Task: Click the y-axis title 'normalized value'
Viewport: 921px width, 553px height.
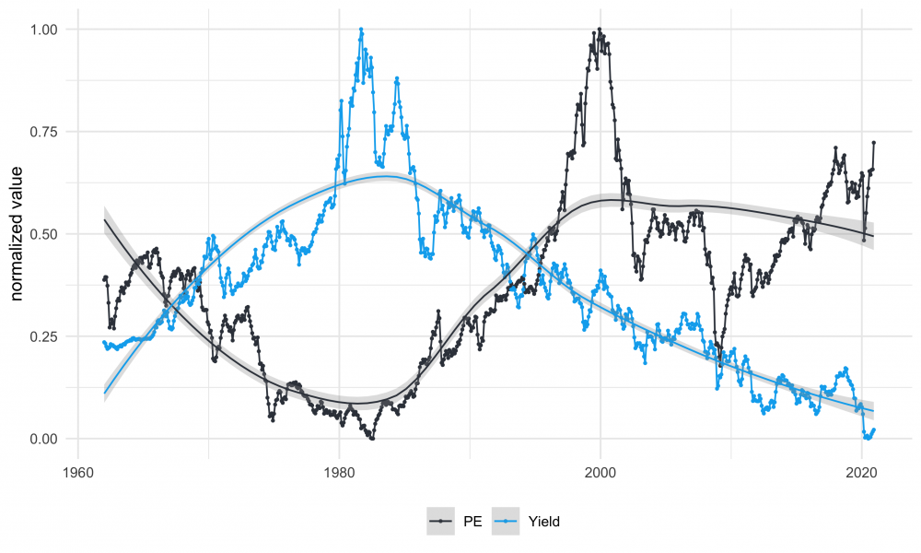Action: pyautogui.click(x=17, y=234)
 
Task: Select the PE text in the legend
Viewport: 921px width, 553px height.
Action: pyautogui.click(x=472, y=522)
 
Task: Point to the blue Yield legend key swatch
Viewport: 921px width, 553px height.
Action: pyautogui.click(x=508, y=522)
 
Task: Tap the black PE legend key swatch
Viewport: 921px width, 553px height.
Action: pyautogui.click(x=444, y=522)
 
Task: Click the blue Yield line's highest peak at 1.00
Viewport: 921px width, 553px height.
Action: pyautogui.click(x=361, y=29)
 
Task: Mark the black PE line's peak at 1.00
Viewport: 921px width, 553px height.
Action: pyautogui.click(x=600, y=29)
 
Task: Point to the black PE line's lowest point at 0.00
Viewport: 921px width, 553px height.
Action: pyautogui.click(x=370, y=439)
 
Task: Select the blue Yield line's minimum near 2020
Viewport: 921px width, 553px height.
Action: pyautogui.click(x=867, y=439)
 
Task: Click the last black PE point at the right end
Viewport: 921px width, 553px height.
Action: pyautogui.click(x=873, y=143)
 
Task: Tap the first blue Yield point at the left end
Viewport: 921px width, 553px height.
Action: pyautogui.click(x=104, y=343)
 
